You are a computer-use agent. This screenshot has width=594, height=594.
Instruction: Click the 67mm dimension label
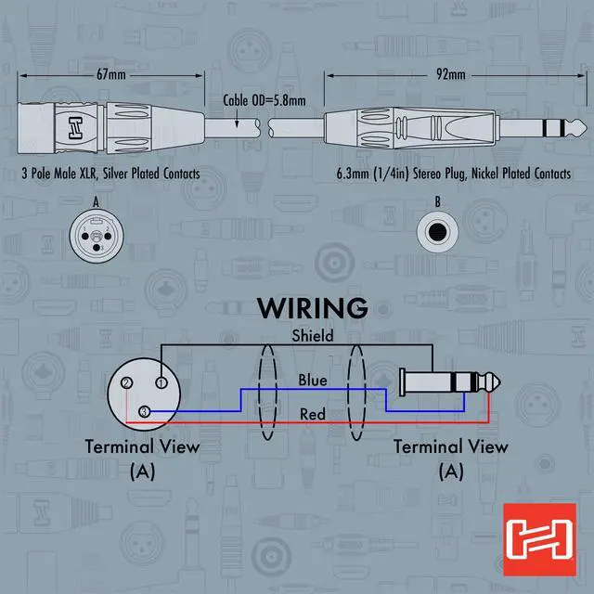111,74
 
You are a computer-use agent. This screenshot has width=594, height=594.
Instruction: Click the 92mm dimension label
451,74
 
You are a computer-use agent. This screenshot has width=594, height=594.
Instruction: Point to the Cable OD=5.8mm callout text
264,100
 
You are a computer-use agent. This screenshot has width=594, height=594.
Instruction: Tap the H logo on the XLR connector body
75,128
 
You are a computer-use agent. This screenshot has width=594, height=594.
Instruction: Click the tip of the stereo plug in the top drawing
586,128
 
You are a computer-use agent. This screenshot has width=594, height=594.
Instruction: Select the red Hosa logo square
540,539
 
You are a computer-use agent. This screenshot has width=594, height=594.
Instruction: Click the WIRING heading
312,308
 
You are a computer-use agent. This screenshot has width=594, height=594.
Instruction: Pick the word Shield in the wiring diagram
313,336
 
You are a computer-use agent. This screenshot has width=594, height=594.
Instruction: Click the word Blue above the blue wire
313,380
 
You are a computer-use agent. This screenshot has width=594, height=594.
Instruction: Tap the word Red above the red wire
313,414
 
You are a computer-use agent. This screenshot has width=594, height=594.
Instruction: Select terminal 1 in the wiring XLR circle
161,382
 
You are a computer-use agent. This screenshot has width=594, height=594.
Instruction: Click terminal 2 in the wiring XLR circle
126,382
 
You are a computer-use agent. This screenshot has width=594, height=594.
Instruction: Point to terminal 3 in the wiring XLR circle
144,411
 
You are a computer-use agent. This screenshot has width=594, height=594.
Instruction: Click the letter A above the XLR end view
97,202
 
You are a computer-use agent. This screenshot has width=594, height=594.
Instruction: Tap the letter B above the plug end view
437,202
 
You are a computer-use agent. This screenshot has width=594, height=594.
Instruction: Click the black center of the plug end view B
437,232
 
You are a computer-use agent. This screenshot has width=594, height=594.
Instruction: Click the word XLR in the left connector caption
89,174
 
